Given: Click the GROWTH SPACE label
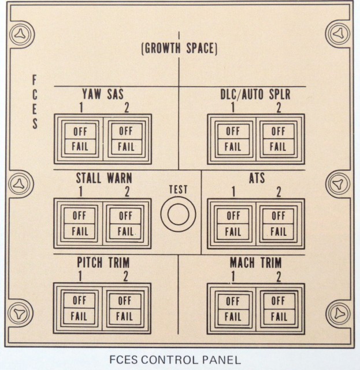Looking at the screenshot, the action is [179, 49].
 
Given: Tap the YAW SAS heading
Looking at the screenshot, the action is [103, 94].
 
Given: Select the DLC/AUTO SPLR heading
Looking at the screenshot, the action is [255, 94].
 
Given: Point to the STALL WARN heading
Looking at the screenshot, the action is [104, 178].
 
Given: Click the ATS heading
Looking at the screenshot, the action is [257, 178].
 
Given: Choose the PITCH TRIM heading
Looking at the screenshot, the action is [103, 262].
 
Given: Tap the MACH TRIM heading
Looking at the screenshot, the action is [256, 262].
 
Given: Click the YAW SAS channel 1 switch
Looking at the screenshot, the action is [80, 139].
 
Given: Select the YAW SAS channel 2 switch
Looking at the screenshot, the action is [127, 139].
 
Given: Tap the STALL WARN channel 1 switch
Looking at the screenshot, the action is [80, 224].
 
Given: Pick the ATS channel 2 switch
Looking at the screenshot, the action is [279, 224].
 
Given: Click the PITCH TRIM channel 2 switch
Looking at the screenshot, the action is [125, 309].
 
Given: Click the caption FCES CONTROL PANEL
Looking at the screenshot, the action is [175, 360].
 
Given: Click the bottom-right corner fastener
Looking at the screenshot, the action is [339, 314].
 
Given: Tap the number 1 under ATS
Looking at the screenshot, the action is [233, 191].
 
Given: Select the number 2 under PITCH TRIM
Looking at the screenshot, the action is [126, 276].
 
